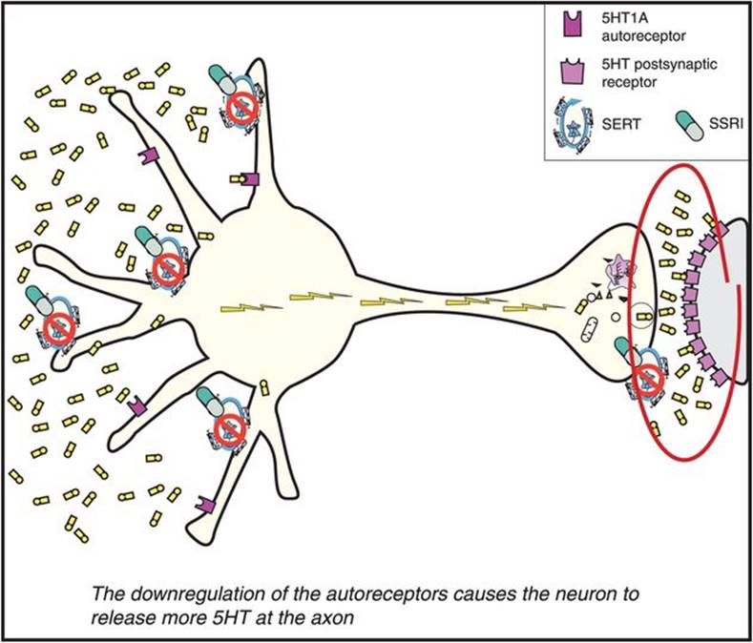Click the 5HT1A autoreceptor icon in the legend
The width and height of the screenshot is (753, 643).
pyautogui.click(x=563, y=19)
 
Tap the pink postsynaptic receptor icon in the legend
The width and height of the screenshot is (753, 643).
pyautogui.click(x=564, y=72)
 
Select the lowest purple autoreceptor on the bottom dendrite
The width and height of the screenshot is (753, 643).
pyautogui.click(x=203, y=502)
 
